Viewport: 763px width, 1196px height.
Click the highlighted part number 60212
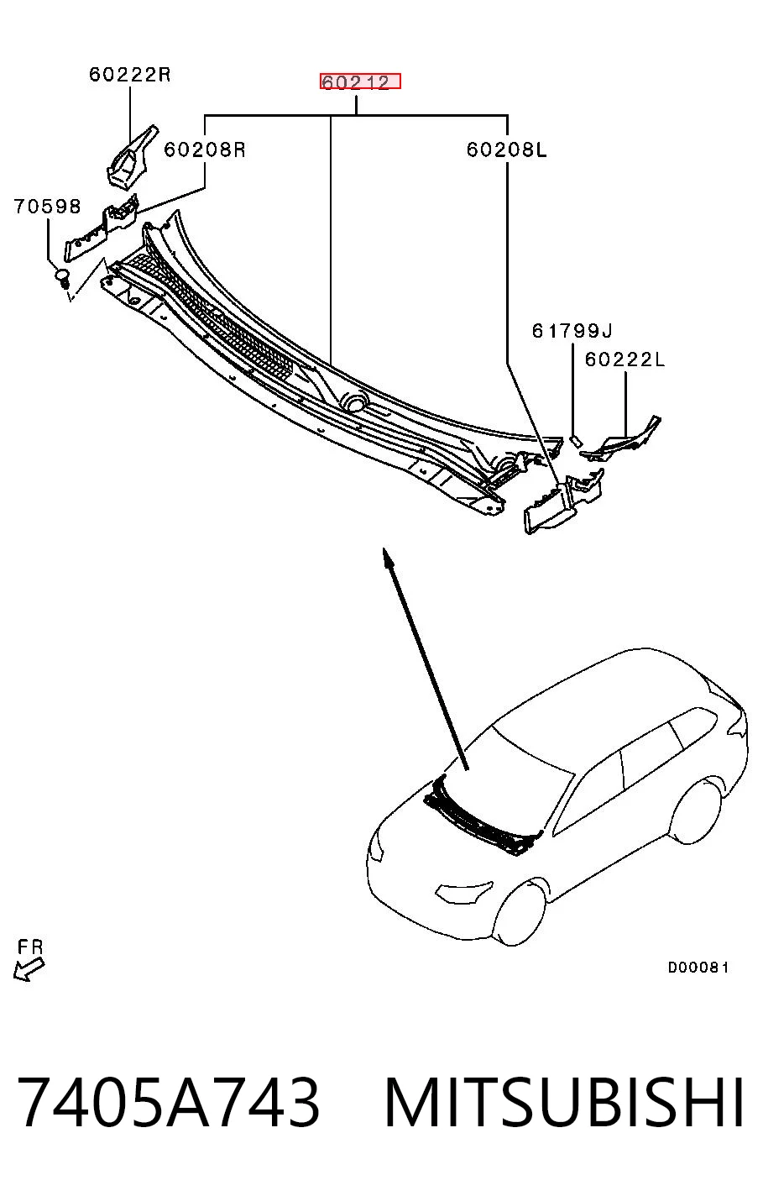(360, 81)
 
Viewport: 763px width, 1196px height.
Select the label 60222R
(129, 74)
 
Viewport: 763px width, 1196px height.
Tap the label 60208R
(204, 149)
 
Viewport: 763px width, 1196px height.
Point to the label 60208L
(506, 149)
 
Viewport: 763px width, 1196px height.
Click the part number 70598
(47, 206)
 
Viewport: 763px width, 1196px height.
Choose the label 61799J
(572, 331)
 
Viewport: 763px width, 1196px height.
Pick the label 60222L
(625, 359)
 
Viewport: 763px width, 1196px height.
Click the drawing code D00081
(698, 967)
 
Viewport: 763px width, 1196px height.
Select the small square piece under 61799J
(576, 440)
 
